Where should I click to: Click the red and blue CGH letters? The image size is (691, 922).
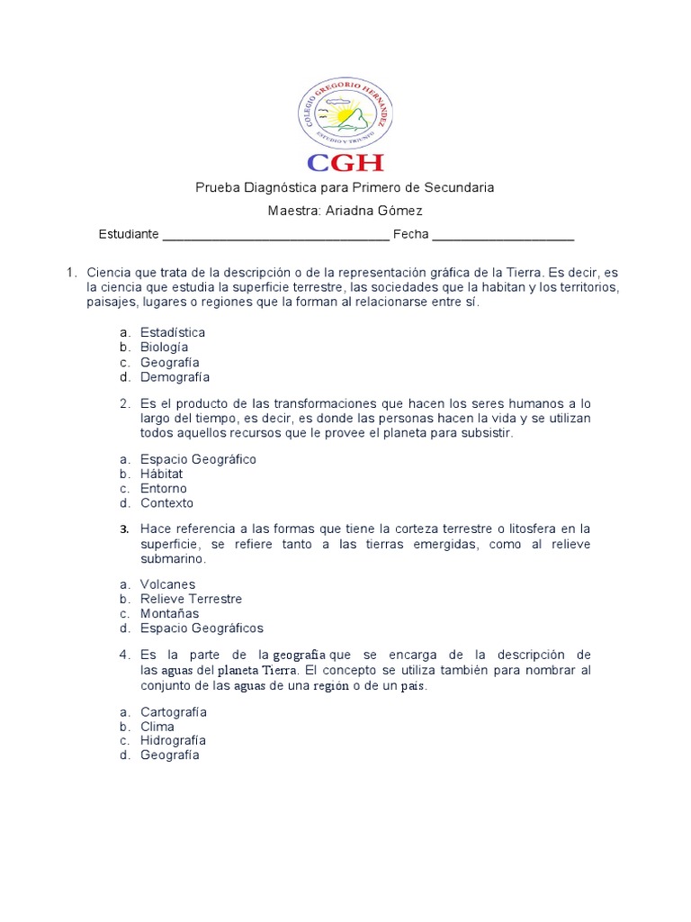pyautogui.click(x=345, y=162)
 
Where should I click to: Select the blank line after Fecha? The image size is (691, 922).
pyautogui.click(x=503, y=236)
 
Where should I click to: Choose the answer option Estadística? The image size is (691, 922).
pyautogui.click(x=173, y=332)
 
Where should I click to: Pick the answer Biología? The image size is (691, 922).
pyautogui.click(x=164, y=347)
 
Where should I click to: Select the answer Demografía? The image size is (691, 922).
pyautogui.click(x=175, y=377)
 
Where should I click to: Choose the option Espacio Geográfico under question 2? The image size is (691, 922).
pyautogui.click(x=198, y=459)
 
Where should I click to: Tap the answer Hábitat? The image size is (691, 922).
pyautogui.click(x=161, y=474)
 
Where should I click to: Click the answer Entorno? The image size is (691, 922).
pyautogui.click(x=163, y=488)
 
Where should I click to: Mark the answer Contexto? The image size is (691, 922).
pyautogui.click(x=166, y=502)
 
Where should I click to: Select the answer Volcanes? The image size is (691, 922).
pyautogui.click(x=167, y=584)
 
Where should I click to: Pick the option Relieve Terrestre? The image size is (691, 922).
pyautogui.click(x=191, y=599)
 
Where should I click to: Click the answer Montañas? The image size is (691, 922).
pyautogui.click(x=169, y=613)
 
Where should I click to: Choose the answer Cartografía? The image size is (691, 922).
pyautogui.click(x=174, y=712)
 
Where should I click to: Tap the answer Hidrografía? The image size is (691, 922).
pyautogui.click(x=173, y=740)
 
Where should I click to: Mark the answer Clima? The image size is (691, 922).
pyautogui.click(x=157, y=727)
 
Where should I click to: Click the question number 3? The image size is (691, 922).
pyautogui.click(x=125, y=529)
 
